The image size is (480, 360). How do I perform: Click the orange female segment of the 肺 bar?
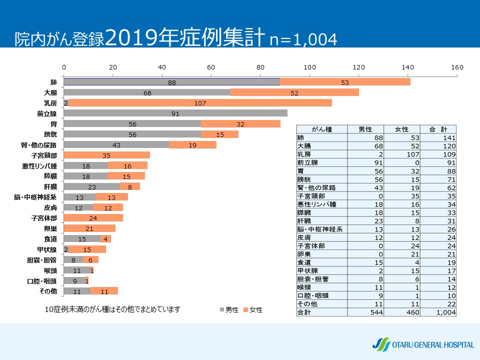point(345,82)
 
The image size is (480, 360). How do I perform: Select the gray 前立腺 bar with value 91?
point(175,113)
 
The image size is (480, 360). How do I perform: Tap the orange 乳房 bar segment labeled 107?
point(200,103)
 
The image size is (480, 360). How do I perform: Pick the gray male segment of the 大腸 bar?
point(147,92)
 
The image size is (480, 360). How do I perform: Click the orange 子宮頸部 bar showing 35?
point(106,155)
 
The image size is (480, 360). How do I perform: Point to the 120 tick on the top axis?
point(359,67)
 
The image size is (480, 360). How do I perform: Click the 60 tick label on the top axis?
point(211,67)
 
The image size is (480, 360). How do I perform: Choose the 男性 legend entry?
point(229,310)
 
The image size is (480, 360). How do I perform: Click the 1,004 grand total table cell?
point(439,312)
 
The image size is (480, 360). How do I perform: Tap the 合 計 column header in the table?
point(439,129)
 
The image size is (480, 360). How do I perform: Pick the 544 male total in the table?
point(366,312)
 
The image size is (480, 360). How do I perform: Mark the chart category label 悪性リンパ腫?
point(43,165)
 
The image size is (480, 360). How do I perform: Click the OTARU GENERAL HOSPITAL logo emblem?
point(381,344)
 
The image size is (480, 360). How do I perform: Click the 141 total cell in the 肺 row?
point(439,138)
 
